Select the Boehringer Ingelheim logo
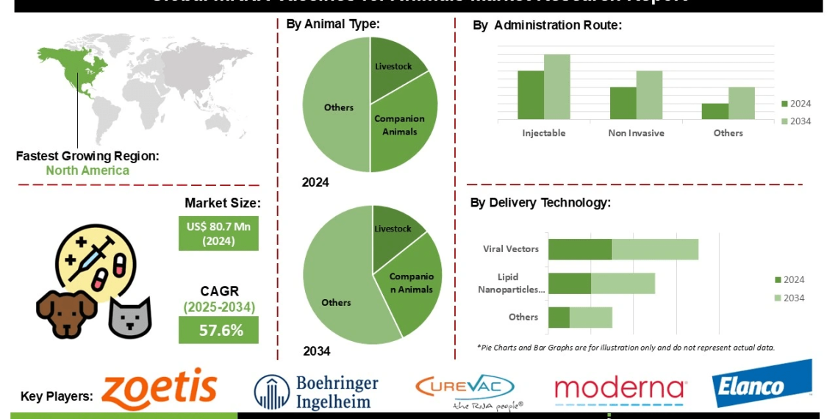[x=316, y=392]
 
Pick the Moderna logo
[x=620, y=390]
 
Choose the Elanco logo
[x=762, y=384]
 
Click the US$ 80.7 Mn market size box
[x=218, y=233]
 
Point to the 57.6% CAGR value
[x=218, y=330]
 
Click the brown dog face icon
[x=67, y=313]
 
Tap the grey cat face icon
[x=129, y=317]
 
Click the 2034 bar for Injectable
[x=557, y=87]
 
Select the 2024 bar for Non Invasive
[x=623, y=103]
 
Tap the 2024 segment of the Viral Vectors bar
[x=580, y=249]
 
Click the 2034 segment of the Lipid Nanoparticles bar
[x=623, y=284]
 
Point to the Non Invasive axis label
[x=636, y=133]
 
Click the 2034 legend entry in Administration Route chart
[x=795, y=121]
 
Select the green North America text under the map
[x=87, y=171]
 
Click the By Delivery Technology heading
[x=540, y=203]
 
